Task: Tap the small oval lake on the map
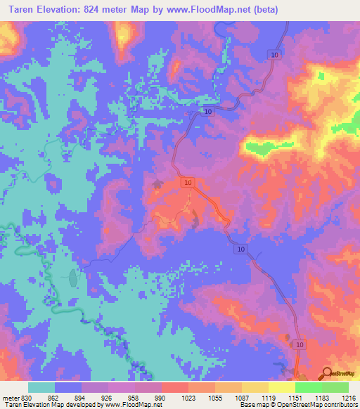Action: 73,278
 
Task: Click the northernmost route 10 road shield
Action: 274,55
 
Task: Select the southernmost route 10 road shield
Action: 300,344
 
